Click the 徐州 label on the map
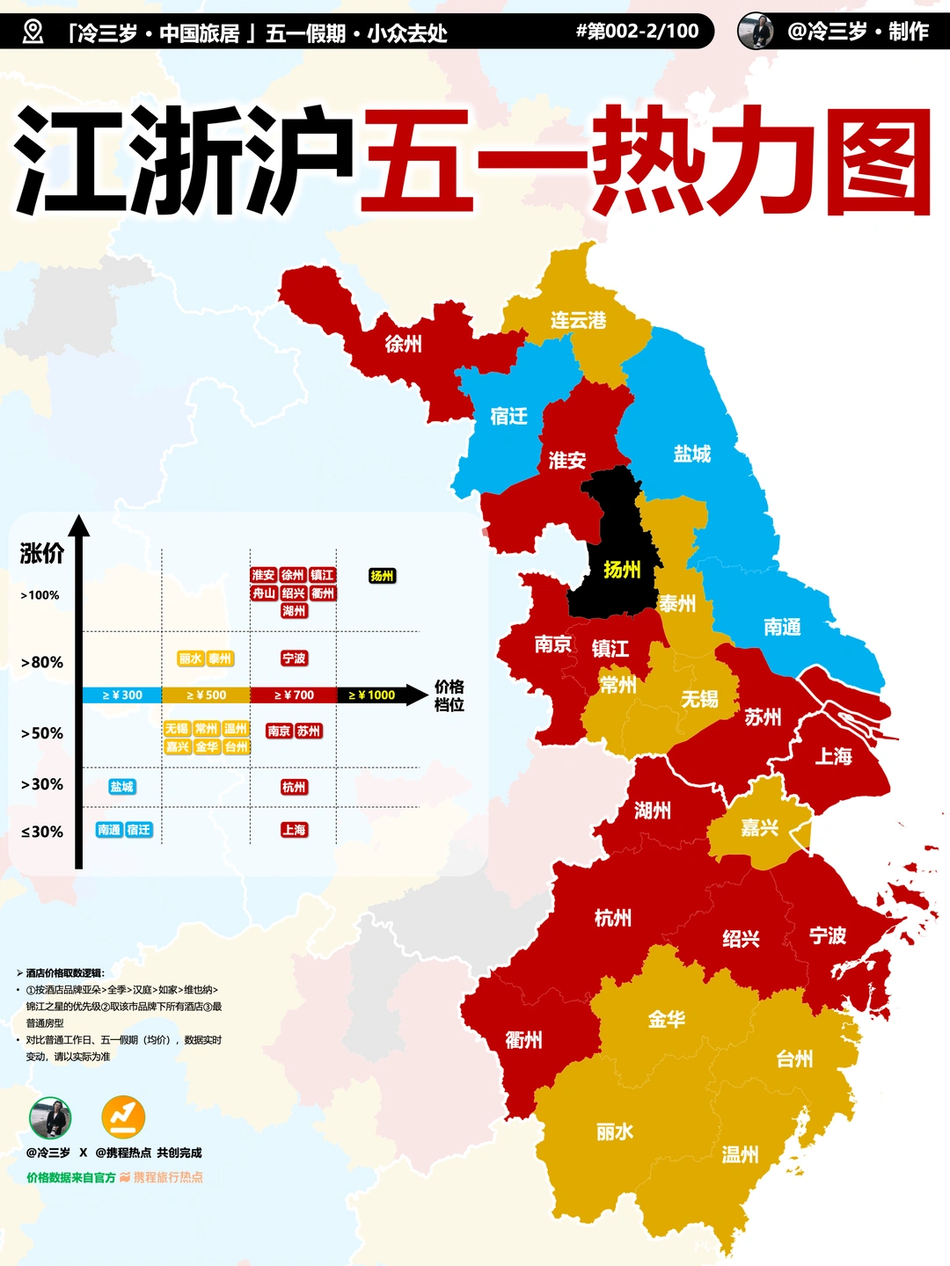point(403,344)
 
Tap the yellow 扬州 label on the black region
point(622,570)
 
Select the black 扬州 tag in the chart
point(382,576)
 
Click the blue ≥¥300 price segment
point(122,695)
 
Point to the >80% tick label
point(42,663)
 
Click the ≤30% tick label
point(42,832)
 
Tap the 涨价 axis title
point(41,553)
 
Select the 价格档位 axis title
point(449,695)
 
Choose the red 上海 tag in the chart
point(294,830)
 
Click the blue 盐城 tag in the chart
point(122,787)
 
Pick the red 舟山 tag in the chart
point(264,593)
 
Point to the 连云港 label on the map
point(578,320)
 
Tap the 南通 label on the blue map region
point(782,627)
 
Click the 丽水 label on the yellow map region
point(614,1131)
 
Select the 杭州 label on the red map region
point(613,919)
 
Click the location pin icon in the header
point(33,33)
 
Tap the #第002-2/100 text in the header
point(638,32)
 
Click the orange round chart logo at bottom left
point(123,1117)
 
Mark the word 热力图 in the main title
point(761,161)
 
